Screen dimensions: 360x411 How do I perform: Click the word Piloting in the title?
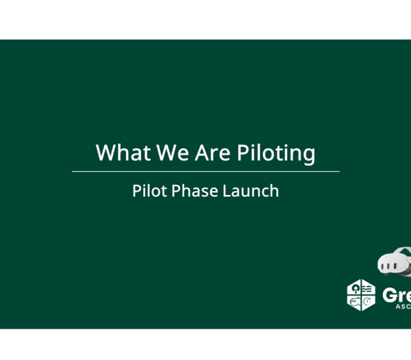coord(276,153)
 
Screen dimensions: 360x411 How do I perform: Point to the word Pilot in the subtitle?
coord(148,190)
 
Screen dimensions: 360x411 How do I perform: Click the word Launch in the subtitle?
coord(251,190)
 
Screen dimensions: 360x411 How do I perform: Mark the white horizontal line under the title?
coord(206,171)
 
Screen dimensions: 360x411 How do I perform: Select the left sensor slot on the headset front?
coord(384,263)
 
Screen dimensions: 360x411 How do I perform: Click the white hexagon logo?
coord(361,295)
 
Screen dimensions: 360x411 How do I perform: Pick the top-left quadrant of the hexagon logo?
coord(354,288)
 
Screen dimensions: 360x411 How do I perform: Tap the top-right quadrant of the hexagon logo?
coord(368,288)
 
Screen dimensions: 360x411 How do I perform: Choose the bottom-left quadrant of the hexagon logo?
coord(354,302)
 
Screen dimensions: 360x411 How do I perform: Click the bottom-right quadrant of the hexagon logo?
coord(368,302)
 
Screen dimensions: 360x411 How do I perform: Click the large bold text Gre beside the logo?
coord(397,295)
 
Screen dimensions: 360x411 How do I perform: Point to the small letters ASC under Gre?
coord(403,307)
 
